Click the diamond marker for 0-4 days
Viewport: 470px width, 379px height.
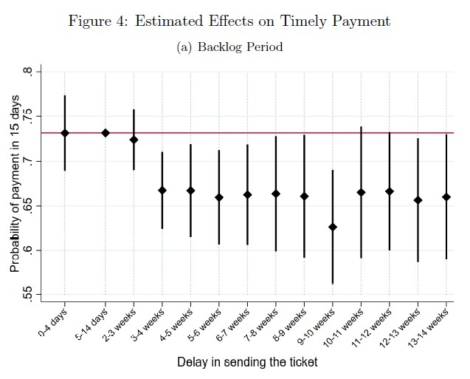point(65,133)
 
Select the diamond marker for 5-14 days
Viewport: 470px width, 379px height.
point(106,133)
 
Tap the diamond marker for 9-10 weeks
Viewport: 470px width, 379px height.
point(333,227)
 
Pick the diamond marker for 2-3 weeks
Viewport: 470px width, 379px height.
point(134,140)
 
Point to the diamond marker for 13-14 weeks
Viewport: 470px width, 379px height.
point(446,197)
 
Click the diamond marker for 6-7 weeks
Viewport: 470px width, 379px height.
point(247,195)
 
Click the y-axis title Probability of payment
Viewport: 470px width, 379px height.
point(16,185)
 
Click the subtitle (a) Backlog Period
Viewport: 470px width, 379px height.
point(229,47)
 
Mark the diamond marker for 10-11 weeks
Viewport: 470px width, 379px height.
point(361,193)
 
